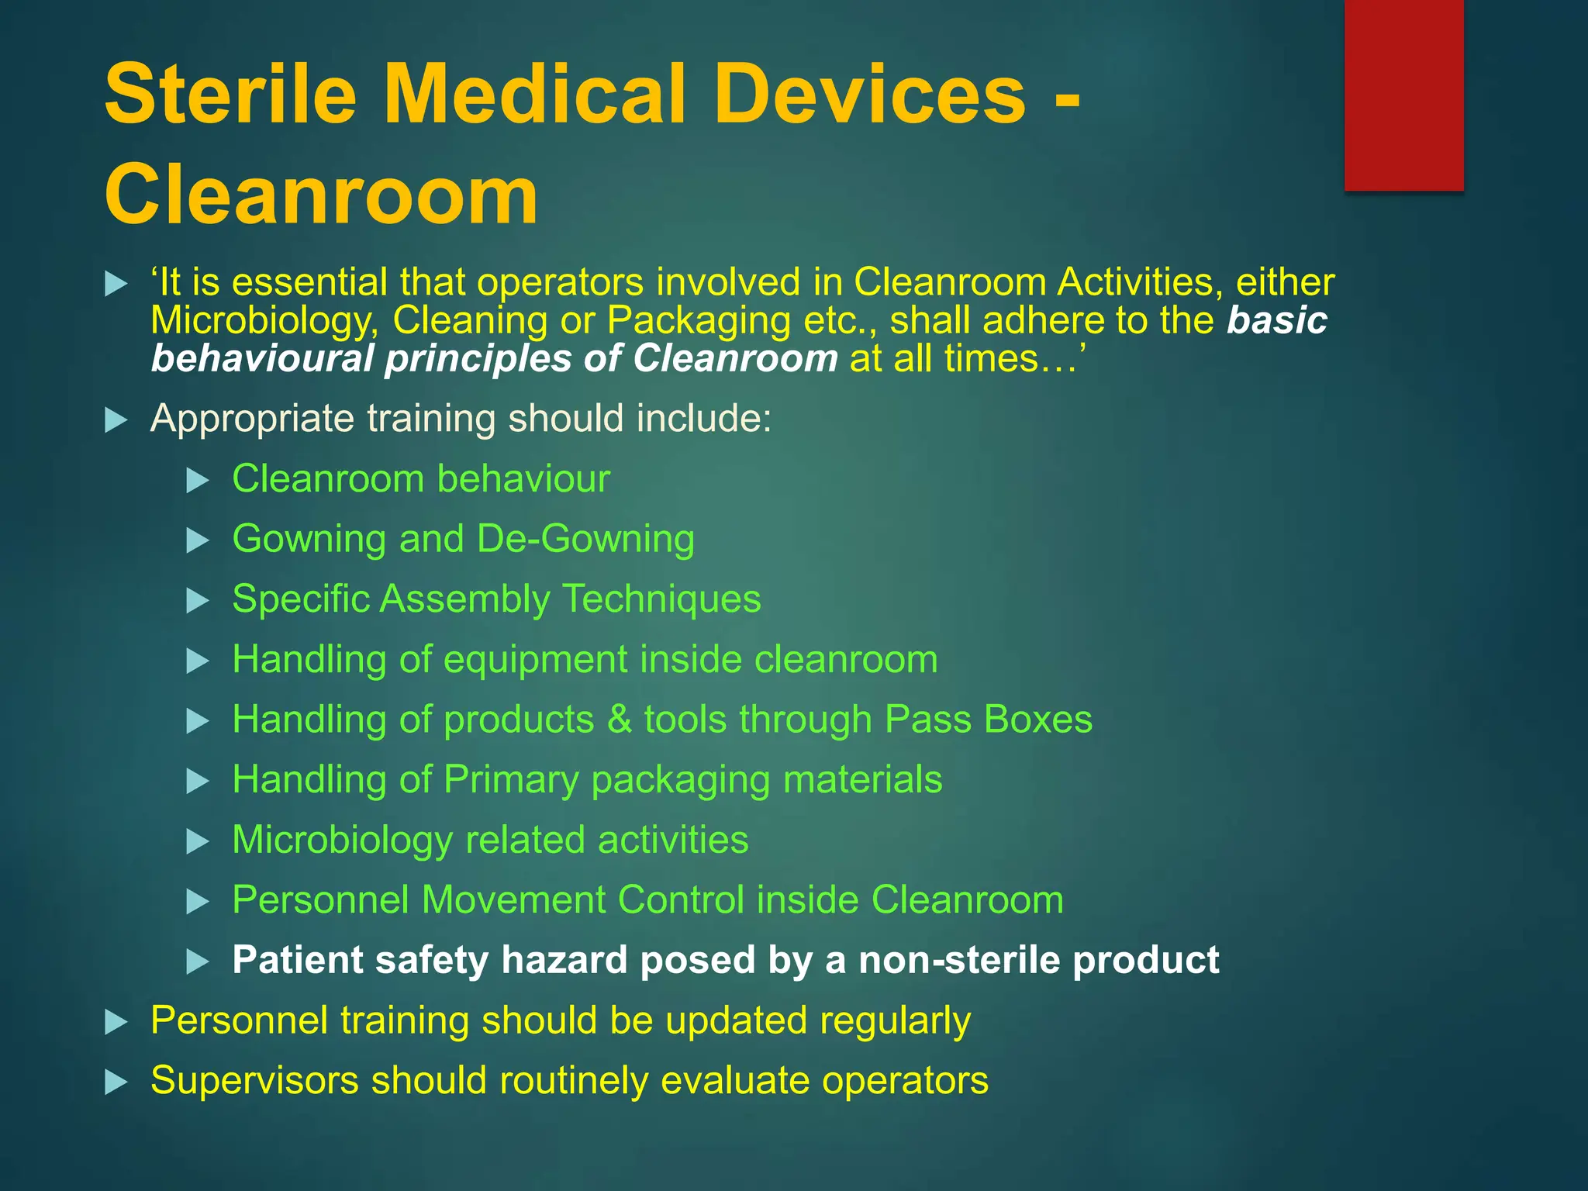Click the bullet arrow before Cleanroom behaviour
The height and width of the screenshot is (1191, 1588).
[198, 481]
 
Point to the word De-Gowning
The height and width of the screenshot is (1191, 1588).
[585, 539]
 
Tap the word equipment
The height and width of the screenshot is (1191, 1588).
[535, 660]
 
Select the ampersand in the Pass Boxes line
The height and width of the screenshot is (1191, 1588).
[620, 720]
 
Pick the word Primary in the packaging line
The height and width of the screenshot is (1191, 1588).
[511, 780]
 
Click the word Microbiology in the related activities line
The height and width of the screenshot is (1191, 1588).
[342, 841]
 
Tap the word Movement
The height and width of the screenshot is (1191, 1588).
[513, 900]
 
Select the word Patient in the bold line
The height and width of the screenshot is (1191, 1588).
[298, 961]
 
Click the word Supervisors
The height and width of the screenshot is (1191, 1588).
[254, 1081]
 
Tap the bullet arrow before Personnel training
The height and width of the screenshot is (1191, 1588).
[116, 1022]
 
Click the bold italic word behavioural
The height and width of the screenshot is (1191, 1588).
[262, 359]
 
